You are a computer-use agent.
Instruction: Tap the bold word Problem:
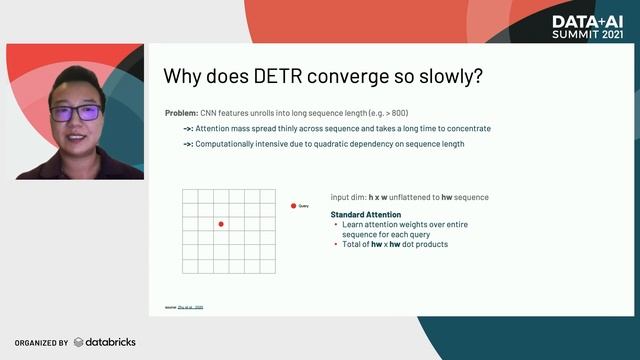[x=182, y=113]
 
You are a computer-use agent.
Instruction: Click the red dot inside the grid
[x=221, y=224]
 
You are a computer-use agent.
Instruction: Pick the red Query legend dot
[x=293, y=205]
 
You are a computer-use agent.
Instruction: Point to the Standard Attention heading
[x=366, y=214]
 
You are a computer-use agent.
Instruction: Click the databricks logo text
[x=110, y=342]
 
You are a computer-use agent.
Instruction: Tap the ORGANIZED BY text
[x=41, y=343]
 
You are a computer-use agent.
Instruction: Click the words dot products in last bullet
[x=424, y=244]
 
